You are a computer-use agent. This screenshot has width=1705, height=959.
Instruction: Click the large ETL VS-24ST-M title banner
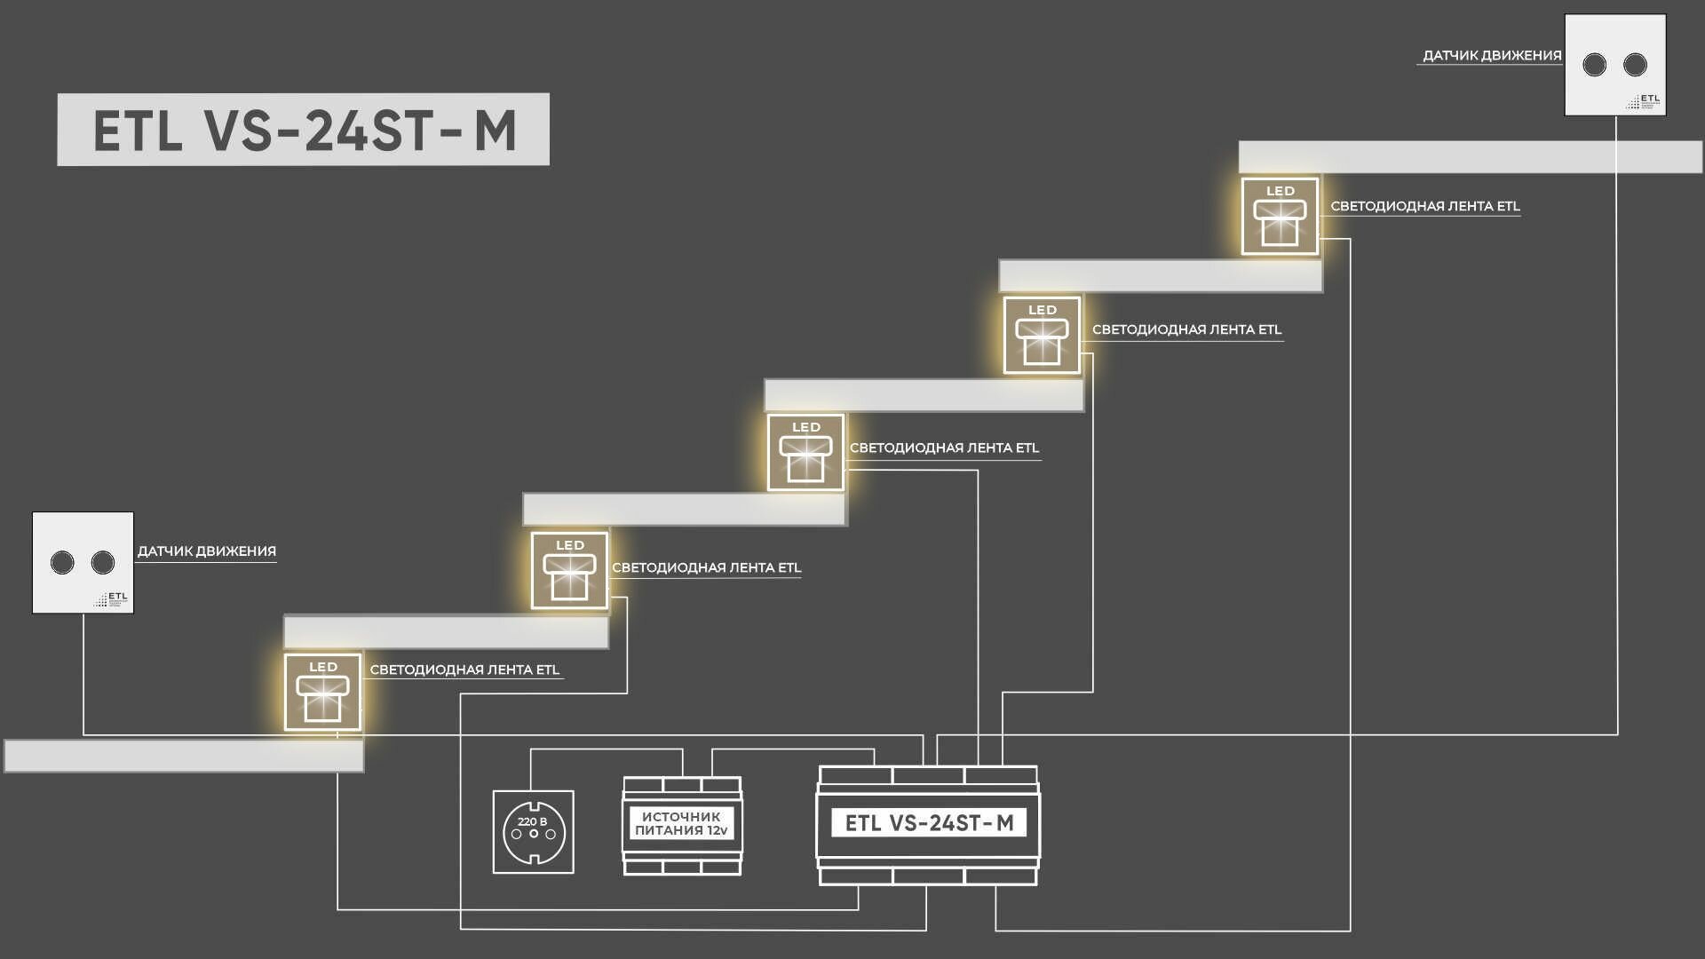(x=303, y=130)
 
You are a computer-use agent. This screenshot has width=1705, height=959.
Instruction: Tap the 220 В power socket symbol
(x=533, y=832)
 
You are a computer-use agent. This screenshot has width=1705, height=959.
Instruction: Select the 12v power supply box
(x=682, y=825)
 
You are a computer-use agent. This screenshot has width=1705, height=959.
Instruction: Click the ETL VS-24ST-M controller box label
(x=928, y=823)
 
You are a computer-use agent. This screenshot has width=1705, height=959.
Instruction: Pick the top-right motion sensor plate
(x=1614, y=65)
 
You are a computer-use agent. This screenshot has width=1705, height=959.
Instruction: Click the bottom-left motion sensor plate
(x=83, y=562)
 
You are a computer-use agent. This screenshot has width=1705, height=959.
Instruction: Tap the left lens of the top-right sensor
(x=1595, y=65)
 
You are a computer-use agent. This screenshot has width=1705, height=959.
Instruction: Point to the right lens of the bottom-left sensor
(x=103, y=562)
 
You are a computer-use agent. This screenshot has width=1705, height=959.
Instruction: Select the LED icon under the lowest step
(x=322, y=693)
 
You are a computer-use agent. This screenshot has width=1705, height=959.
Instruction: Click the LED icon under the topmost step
(x=1280, y=216)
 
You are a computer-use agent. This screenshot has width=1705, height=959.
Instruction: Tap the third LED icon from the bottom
(x=805, y=452)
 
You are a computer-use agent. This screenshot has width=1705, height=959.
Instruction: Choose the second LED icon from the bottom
(x=569, y=570)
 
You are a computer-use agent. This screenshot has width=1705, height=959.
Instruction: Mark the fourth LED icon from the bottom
(x=1042, y=335)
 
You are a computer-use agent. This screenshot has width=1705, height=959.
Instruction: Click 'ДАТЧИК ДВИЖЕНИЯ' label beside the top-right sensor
(x=1491, y=56)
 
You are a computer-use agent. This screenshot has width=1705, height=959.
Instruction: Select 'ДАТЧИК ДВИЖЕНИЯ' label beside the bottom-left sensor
(x=206, y=551)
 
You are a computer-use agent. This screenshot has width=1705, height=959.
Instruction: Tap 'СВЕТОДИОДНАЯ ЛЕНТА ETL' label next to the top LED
(x=1424, y=206)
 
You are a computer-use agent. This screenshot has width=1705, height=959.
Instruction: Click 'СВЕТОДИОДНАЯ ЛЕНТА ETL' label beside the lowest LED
(x=464, y=670)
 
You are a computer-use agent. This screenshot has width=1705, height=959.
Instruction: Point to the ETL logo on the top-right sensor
(x=1644, y=101)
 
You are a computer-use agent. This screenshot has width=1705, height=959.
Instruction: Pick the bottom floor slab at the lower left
(x=184, y=756)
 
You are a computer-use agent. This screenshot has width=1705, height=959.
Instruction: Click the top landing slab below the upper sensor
(x=1470, y=157)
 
